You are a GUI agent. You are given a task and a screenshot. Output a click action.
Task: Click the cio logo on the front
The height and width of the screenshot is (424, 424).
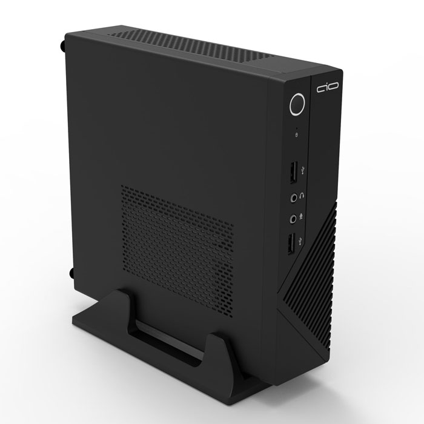[327, 90]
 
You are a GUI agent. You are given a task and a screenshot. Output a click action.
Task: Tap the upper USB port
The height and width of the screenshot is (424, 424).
[291, 172]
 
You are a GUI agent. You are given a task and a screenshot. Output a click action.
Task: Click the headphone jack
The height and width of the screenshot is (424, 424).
[294, 197]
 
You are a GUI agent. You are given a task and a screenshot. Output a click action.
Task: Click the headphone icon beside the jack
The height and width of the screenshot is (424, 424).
[304, 196]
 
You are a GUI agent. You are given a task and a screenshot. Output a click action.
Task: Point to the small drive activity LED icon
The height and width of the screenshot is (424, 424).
[296, 133]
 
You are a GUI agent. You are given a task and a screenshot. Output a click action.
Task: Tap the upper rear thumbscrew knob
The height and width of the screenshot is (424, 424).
[63, 44]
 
